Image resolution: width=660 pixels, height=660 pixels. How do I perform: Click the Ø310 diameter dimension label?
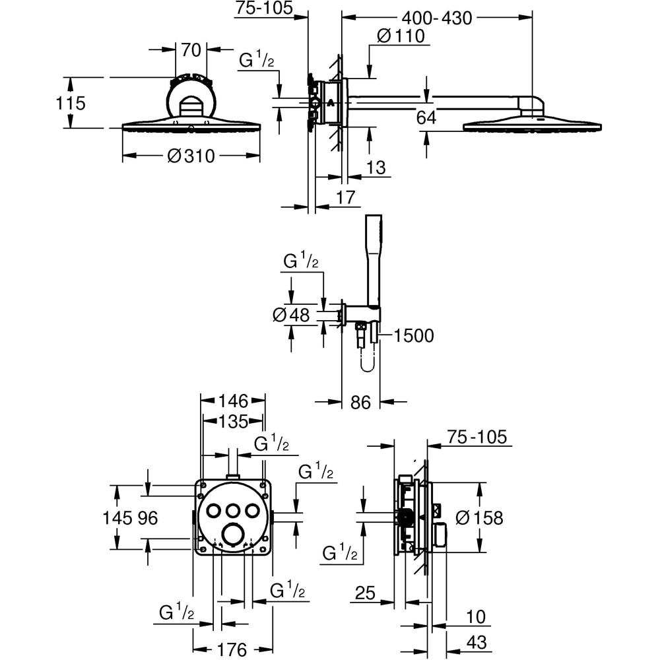191,156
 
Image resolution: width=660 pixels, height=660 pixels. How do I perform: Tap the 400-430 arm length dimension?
437,18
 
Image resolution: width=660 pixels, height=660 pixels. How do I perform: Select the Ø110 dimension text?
401,36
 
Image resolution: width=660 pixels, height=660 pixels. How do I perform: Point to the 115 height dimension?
71,103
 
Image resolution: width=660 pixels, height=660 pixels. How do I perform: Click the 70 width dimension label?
191,50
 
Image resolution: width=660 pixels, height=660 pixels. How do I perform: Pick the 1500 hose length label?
414,335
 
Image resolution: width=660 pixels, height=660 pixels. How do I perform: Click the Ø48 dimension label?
291,315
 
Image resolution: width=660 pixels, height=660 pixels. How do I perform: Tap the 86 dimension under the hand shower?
360,403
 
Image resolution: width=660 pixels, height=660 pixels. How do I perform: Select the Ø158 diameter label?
479,517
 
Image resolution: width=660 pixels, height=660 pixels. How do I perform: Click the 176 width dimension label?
232,649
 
